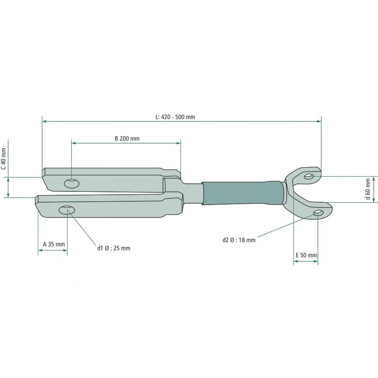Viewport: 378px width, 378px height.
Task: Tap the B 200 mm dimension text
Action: click(x=127, y=138)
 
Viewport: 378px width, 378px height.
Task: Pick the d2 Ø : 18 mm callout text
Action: click(x=239, y=240)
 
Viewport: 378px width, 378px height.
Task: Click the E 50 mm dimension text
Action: click(x=306, y=255)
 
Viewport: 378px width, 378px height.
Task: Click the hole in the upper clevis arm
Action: click(x=72, y=183)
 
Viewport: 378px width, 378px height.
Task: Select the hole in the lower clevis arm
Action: click(x=67, y=209)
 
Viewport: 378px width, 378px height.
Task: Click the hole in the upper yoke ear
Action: click(x=309, y=176)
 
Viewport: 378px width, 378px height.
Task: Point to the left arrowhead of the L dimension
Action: click(x=44, y=122)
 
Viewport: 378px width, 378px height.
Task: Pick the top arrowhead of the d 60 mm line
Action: click(x=373, y=179)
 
